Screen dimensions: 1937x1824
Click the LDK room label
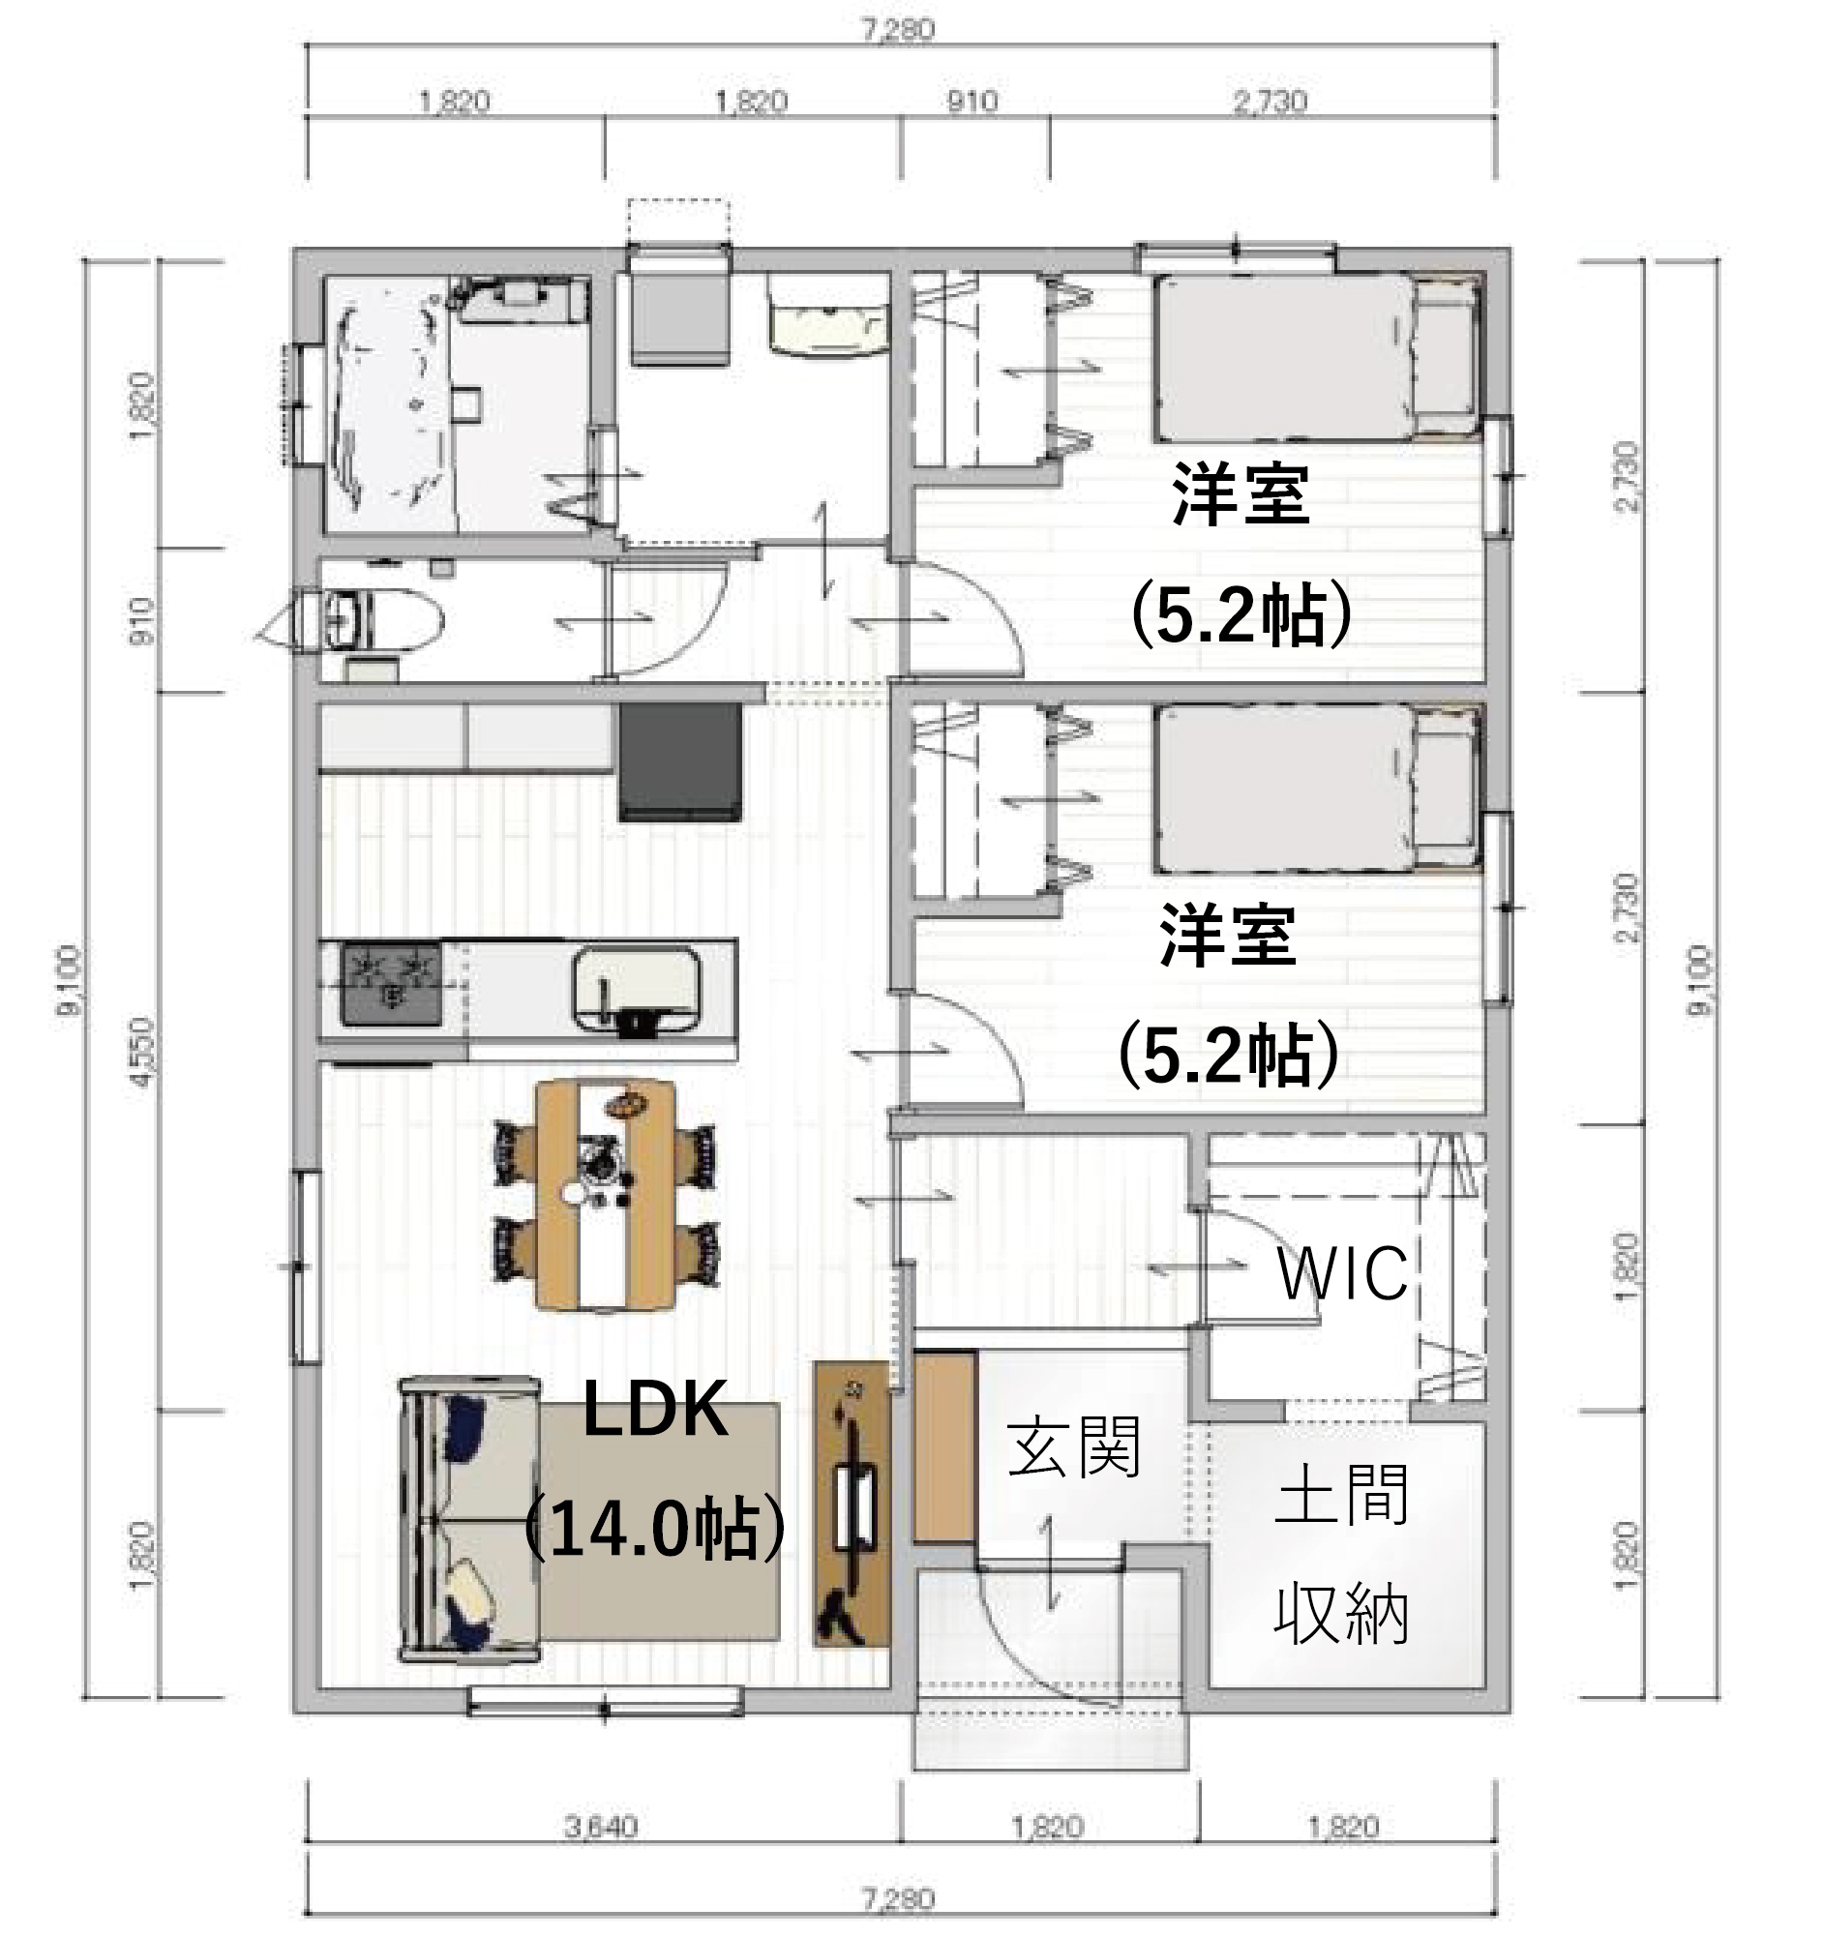pos(655,1411)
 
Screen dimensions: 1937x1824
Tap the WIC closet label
pos(1342,1273)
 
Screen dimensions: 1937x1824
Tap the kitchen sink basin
pos(636,988)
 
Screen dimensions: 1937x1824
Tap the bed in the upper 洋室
pos(1315,359)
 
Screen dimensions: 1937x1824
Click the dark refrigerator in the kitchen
pos(679,762)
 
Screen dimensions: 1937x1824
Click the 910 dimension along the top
pos(972,102)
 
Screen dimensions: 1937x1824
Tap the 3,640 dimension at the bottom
pos(601,1827)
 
